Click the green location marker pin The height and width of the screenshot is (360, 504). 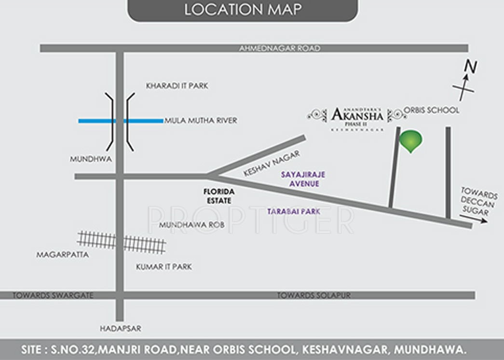point(410,140)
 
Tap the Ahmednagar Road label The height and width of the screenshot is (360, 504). point(280,48)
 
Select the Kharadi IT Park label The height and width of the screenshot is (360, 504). point(177,86)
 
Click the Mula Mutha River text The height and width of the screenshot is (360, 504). point(201,121)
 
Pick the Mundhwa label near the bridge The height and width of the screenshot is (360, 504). point(91,159)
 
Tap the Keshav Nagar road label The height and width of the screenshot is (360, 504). point(272,163)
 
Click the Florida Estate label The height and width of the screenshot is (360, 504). point(218,196)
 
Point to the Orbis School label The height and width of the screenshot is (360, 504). point(431,111)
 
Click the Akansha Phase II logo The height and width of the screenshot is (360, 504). point(357,116)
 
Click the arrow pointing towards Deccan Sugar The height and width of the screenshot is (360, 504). point(473,220)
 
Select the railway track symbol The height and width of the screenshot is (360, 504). point(122,242)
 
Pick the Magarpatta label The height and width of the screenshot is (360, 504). point(63,254)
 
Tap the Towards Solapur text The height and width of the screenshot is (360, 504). point(313,295)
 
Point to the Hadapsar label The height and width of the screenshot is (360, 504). point(121,329)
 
